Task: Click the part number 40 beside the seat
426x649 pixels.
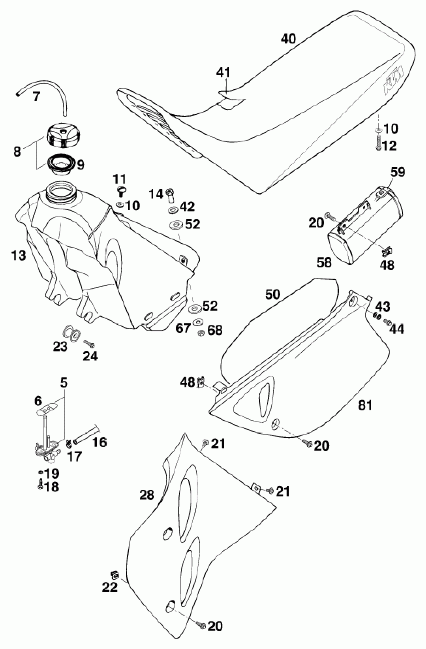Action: pos(288,39)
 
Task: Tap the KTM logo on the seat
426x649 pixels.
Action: pos(393,81)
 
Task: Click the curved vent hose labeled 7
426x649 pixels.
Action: pos(46,87)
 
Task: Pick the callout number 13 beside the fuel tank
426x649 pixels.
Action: pos(19,256)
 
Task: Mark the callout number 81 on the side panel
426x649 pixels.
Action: pos(365,405)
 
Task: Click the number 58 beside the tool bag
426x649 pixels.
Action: pos(324,262)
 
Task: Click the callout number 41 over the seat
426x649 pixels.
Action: pos(223,72)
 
